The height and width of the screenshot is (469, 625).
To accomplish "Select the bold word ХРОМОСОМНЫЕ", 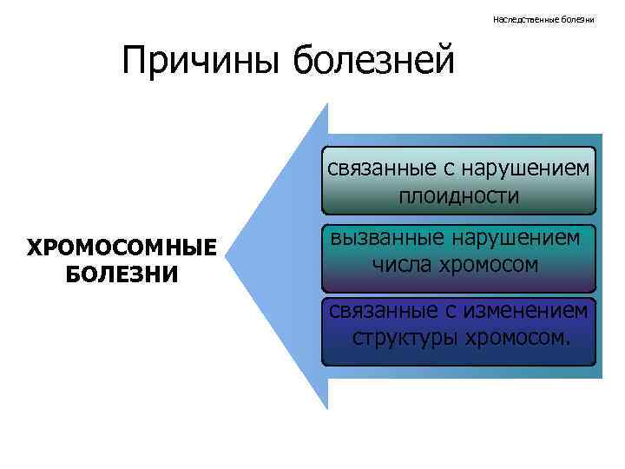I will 122,248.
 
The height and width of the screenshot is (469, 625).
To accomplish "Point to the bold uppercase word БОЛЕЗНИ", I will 122,274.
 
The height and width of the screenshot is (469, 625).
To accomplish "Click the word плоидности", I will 459,196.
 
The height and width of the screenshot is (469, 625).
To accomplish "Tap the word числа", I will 401,264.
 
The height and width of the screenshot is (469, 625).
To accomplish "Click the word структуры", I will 395,336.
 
